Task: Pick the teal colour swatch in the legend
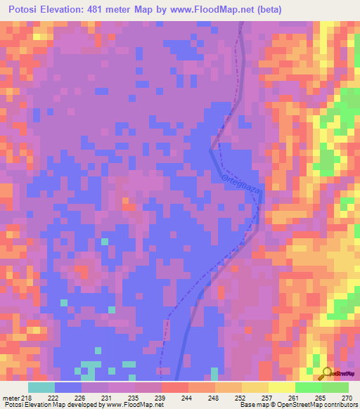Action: pyautogui.click(x=41, y=387)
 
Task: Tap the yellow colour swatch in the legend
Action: pyautogui.click(x=281, y=387)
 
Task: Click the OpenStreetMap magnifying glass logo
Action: pyautogui.click(x=326, y=373)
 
